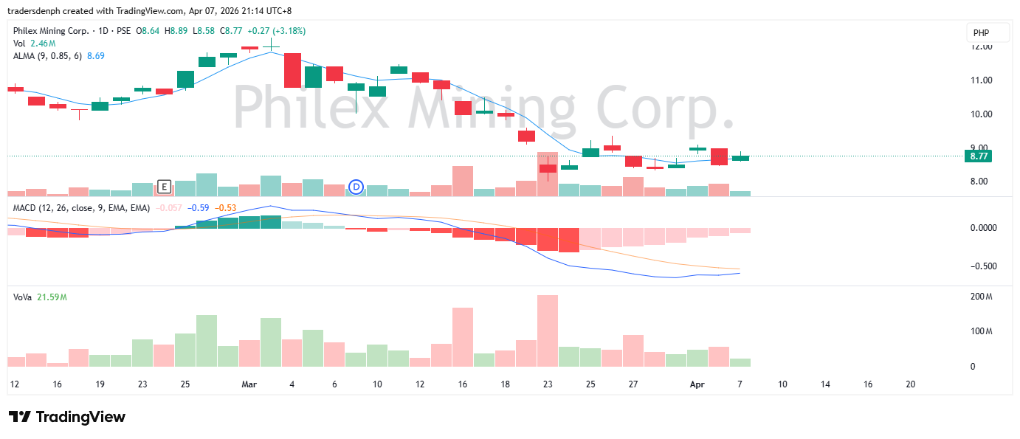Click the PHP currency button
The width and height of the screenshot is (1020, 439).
[x=981, y=33]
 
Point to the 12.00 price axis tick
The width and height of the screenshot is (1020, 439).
[x=982, y=46]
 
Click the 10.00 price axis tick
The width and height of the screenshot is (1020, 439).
[x=982, y=114]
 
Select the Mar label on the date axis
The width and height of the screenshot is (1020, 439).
[x=249, y=384]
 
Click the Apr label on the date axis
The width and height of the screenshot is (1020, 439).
[x=697, y=384]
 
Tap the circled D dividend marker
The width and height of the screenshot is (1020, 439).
[x=356, y=187]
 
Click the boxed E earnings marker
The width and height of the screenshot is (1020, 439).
[x=164, y=186]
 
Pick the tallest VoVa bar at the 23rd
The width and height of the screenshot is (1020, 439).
[x=547, y=331]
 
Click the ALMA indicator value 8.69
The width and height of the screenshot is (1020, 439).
[x=96, y=56]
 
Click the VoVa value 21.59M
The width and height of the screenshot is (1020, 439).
[x=52, y=297]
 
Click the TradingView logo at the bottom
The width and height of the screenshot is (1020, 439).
[x=67, y=417]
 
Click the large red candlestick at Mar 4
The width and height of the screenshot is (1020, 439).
[x=292, y=70]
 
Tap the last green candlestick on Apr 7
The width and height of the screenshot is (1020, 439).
[x=740, y=157]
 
